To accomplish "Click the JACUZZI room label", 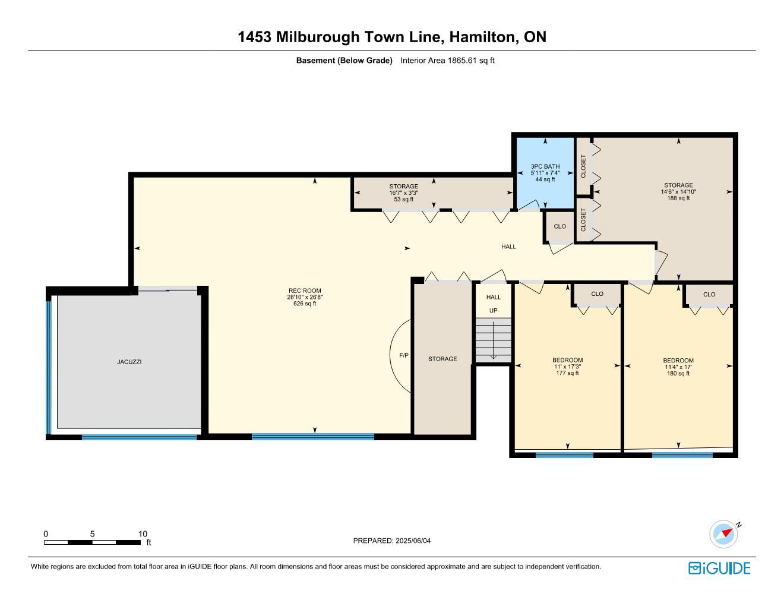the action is pos(129,362).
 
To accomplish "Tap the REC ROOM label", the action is pos(305,291).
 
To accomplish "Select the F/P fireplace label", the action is pos(404,355).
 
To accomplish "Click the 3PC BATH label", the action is pos(545,166).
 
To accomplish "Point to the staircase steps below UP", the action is pos(493,340).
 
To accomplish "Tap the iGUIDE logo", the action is pos(719,568).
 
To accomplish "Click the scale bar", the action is pos(92,542).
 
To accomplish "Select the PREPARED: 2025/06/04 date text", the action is pos(392,541).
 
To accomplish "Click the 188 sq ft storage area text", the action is pos(678,198).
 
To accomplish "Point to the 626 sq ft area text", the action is pos(305,304).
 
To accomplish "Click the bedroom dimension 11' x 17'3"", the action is pos(568,367).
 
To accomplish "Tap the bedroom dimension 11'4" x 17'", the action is pos(678,367).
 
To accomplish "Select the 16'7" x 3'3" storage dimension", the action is pos(404,192).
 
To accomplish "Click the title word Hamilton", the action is pos(482,37).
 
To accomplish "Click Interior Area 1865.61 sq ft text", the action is pos(447,61).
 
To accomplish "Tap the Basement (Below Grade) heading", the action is pos(344,61).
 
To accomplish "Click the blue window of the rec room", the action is pos(313,437).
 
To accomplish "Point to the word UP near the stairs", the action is pos(493,310).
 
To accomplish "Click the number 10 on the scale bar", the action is pos(143,534).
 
